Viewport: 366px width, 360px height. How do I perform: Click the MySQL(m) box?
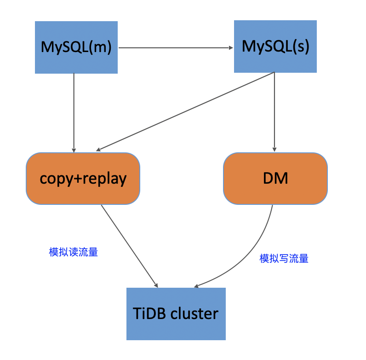tap(76, 47)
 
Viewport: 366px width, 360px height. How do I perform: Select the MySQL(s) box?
tap(275, 46)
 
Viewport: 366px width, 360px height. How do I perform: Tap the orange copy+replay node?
tap(83, 178)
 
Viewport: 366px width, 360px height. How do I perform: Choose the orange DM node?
tap(275, 178)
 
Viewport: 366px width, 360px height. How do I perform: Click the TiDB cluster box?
tap(176, 314)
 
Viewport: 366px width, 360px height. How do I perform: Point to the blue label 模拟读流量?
tap(74, 252)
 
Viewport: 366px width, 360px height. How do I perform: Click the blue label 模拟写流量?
tap(284, 259)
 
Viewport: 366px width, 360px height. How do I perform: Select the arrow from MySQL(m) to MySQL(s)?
tap(175, 47)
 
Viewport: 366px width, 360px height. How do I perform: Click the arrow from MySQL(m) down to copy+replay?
tap(74, 113)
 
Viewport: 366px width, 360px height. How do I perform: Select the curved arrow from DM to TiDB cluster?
tap(248, 258)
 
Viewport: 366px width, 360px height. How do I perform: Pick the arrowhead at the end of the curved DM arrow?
tap(197, 286)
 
